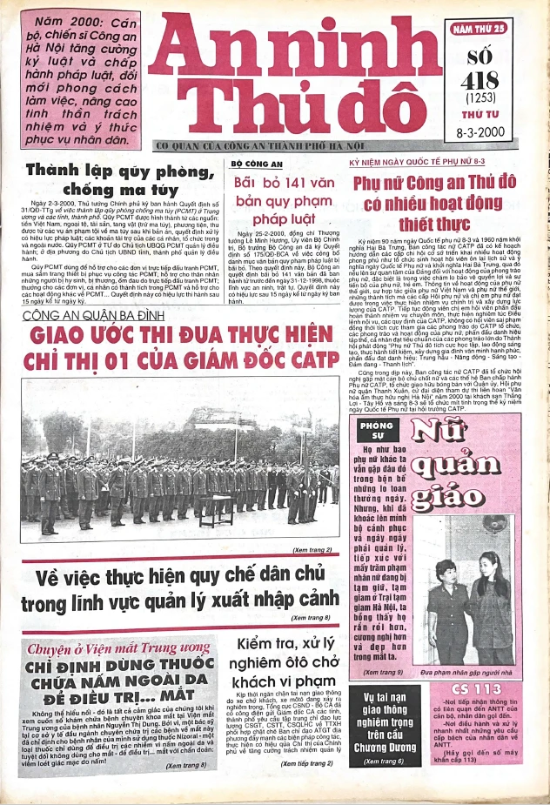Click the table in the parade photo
(217, 513)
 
